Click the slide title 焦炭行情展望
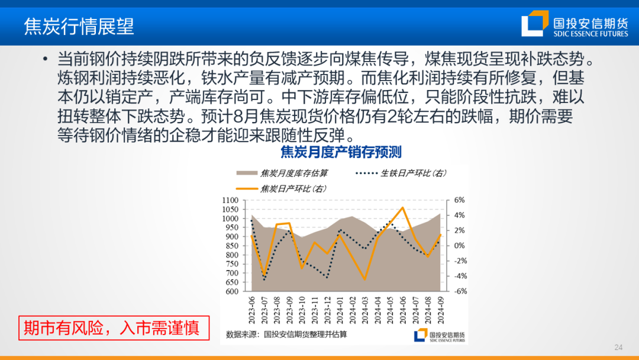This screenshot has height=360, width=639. tap(79, 27)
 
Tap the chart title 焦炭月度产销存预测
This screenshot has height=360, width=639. tap(341, 152)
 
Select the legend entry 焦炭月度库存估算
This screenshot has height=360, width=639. tap(282, 173)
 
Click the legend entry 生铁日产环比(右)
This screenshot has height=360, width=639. tap(401, 173)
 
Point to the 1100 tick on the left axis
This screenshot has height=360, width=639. tap(230, 200)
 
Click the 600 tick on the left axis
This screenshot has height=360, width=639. tap(232, 291)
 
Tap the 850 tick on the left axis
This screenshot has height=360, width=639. tap(232, 246)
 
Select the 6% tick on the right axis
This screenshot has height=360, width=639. tap(459, 200)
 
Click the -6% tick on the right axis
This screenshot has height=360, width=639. tap(460, 291)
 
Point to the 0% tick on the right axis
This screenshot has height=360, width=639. tap(459, 246)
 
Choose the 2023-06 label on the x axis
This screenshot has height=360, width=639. tap(251, 310)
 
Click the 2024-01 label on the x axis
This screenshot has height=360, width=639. tap(340, 310)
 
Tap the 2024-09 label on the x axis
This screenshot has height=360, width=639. tap(441, 310)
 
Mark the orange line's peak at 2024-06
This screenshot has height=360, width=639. tap(403, 207)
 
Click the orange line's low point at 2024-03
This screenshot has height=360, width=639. tap(364, 279)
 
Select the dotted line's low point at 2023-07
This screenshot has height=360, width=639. tap(264, 279)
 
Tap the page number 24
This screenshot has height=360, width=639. tap(618, 348)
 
